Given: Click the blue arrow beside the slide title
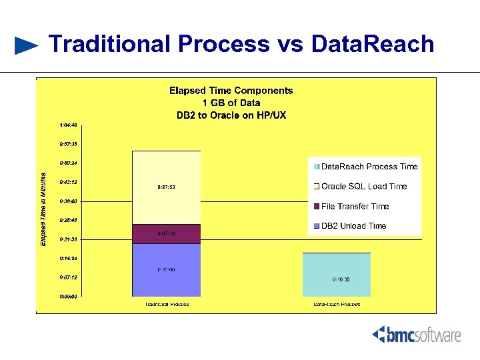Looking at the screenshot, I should (x=27, y=45).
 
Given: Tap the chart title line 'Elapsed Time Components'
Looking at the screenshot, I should (x=231, y=91).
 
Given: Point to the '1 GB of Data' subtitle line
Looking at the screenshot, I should (x=231, y=103).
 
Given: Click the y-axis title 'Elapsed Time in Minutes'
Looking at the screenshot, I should (x=44, y=209).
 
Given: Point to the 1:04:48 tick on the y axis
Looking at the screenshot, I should (x=68, y=125).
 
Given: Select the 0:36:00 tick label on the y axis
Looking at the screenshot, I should (x=68, y=201).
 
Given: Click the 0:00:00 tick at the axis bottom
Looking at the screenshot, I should (x=68, y=296).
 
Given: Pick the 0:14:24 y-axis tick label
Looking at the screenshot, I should (x=68, y=258).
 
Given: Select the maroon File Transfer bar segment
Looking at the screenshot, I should (x=166, y=234).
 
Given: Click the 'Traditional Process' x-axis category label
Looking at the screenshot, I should (x=167, y=305).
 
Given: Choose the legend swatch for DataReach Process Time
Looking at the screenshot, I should (x=317, y=167).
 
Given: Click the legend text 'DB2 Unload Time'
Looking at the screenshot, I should (x=353, y=225).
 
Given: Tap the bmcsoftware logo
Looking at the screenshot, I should (x=416, y=334).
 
